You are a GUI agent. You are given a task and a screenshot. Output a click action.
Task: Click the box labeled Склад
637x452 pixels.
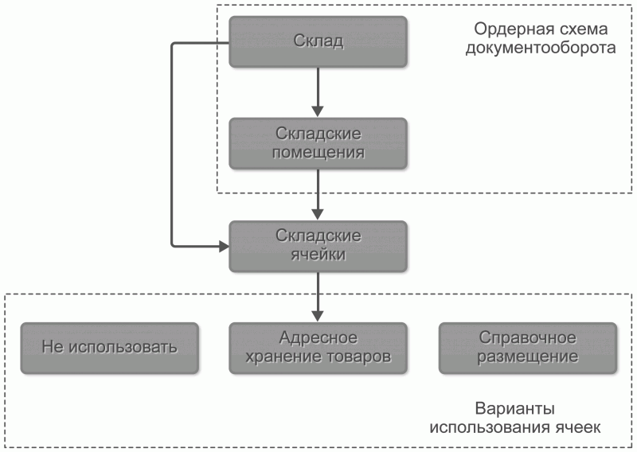tap(318, 41)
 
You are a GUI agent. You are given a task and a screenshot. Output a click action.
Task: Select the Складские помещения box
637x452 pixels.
tap(318, 142)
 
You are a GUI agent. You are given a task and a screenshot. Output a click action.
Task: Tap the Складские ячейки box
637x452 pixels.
tap(318, 246)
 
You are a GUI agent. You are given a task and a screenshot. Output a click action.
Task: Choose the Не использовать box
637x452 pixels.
tap(109, 348)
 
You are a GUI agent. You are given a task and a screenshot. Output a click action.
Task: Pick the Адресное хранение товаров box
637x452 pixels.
tap(318, 348)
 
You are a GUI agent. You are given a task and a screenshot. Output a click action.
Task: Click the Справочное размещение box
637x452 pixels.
tap(527, 348)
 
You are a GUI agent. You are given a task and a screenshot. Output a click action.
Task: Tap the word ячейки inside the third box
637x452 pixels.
tap(318, 255)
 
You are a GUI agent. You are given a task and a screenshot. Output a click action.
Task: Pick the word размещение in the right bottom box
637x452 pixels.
tap(527, 357)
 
